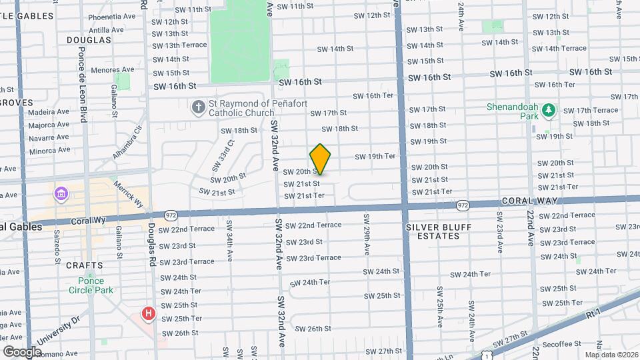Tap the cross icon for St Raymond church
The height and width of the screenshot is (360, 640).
pyautogui.click(x=198, y=107)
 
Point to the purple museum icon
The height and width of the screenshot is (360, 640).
pyautogui.click(x=62, y=194)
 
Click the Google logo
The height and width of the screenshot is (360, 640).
pyautogui.click(x=23, y=351)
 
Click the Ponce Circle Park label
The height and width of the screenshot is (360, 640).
pyautogui.click(x=91, y=285)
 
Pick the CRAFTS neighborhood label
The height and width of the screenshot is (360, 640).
pyautogui.click(x=85, y=265)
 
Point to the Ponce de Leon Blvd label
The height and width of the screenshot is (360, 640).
pyautogui.click(x=83, y=83)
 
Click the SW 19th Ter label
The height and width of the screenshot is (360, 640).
pyautogui.click(x=375, y=157)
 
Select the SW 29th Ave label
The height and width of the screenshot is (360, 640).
pyautogui.click(x=366, y=234)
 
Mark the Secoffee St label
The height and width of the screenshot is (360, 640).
pyautogui.click(x=561, y=344)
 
